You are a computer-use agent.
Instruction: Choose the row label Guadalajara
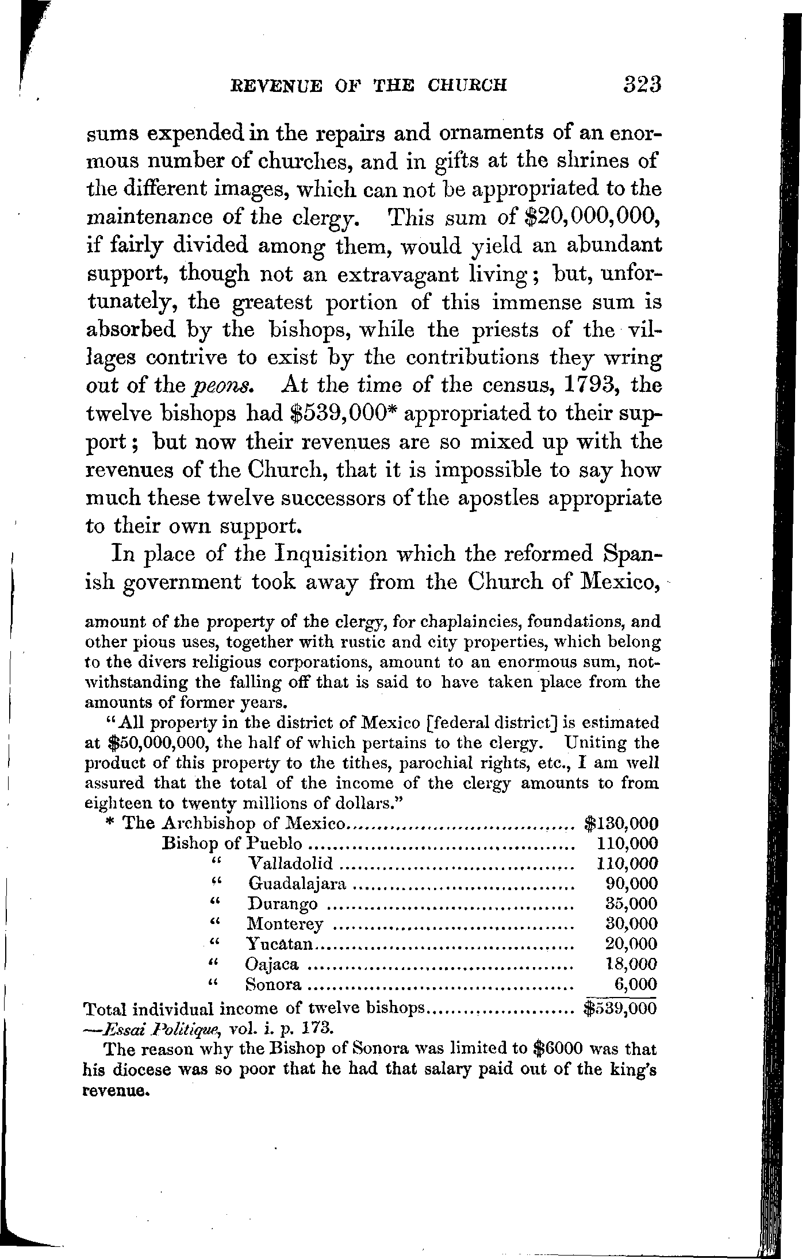point(297,883)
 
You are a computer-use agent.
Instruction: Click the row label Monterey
point(285,923)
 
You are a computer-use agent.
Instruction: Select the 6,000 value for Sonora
point(635,984)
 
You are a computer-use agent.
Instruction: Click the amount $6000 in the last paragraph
point(560,1049)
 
